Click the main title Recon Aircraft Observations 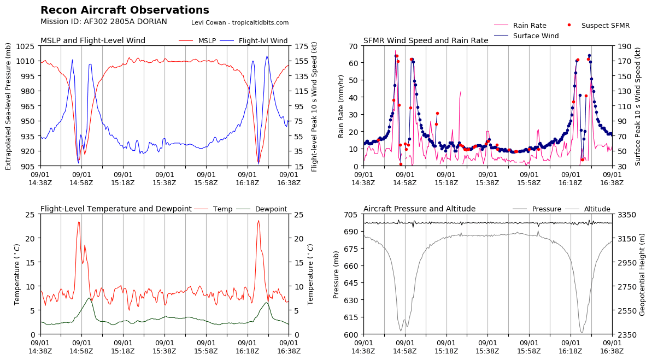(125, 10)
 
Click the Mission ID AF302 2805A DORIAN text (104, 22)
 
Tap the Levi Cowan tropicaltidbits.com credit (240, 23)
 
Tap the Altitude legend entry (597, 209)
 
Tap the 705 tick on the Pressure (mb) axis (351, 215)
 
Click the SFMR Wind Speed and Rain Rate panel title (426, 41)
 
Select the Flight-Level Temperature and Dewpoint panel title (116, 209)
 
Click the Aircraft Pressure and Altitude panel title (419, 209)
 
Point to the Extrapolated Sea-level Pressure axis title (9, 106)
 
